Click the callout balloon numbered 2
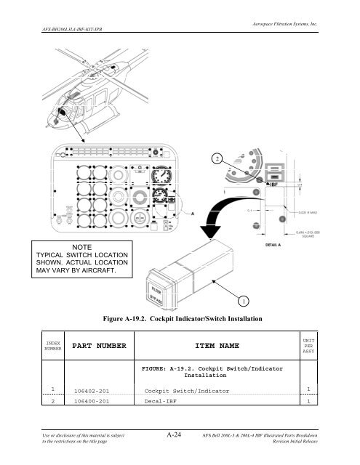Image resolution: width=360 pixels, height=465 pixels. point(216,158)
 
